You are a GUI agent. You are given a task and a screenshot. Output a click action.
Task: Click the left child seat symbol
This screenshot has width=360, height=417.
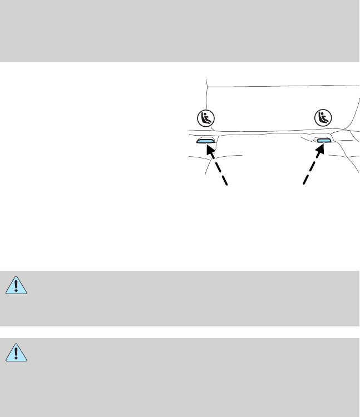coord(207,118)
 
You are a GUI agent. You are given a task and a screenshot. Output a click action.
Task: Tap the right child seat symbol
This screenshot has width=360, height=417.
coord(323,118)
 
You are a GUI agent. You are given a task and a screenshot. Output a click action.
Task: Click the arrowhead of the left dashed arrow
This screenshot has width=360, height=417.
coord(210,150)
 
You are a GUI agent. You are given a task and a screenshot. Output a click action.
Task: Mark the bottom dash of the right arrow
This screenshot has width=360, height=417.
coord(305,179)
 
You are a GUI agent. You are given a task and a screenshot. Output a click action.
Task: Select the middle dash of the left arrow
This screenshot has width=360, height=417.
coord(218,166)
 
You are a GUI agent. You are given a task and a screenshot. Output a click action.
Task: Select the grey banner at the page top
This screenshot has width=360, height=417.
coord(180,31)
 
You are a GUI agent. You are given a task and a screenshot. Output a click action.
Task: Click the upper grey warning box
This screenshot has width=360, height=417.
coord(180,298)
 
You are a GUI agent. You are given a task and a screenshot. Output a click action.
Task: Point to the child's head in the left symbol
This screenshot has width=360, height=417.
coord(205,115)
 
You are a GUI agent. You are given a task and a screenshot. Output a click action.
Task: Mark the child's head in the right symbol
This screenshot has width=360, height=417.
coord(321,115)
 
